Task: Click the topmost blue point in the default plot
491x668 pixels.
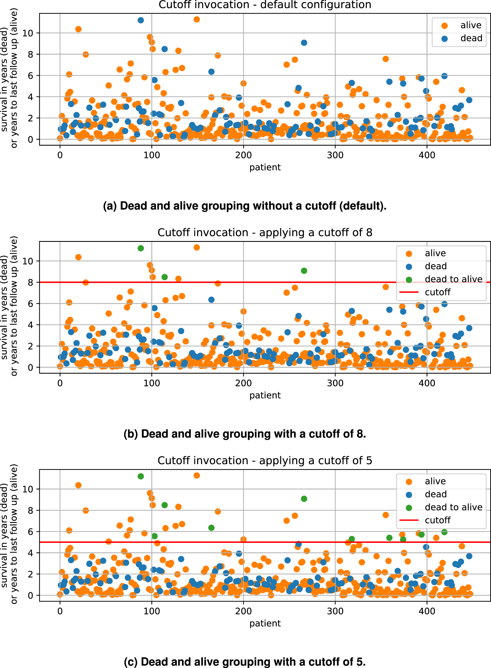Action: click(x=141, y=20)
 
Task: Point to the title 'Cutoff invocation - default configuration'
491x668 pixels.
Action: click(x=265, y=5)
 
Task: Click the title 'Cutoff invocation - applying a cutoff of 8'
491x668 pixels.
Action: click(x=265, y=232)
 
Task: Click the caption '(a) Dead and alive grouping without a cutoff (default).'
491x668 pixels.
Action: click(x=245, y=206)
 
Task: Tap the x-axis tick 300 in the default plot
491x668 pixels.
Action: click(x=335, y=155)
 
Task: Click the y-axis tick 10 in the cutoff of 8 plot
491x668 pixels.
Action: click(x=28, y=261)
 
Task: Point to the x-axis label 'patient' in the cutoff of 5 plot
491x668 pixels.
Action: click(x=265, y=623)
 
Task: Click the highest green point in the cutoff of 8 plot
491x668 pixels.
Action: click(x=141, y=248)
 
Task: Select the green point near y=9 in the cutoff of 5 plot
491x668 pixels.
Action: click(x=304, y=499)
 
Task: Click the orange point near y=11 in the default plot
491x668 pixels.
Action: click(x=197, y=19)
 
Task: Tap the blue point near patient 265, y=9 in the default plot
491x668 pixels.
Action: click(x=304, y=43)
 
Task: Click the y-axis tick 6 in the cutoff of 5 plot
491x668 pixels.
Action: click(x=30, y=532)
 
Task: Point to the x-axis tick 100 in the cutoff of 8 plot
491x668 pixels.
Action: click(x=152, y=383)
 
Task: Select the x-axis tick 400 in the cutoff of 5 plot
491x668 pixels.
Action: click(x=427, y=611)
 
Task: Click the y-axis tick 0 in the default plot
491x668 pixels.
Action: click(x=30, y=139)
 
